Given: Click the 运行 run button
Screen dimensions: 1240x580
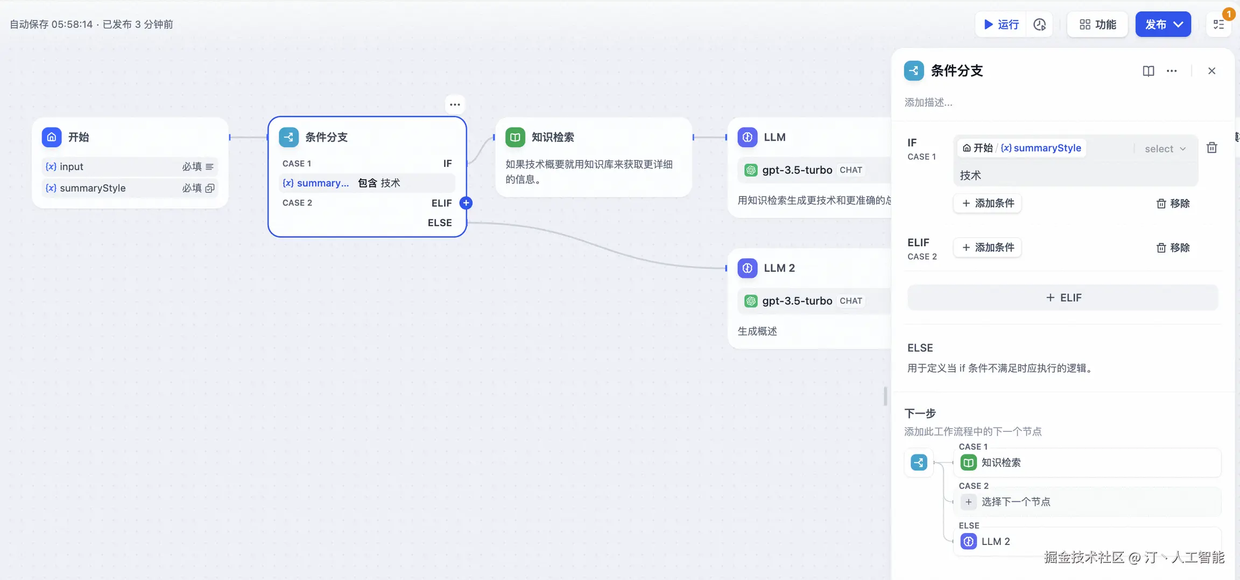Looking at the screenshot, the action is point(1001,24).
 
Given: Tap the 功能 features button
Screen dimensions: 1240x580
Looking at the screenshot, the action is point(1097,24).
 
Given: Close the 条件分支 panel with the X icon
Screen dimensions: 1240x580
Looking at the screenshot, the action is point(1211,71).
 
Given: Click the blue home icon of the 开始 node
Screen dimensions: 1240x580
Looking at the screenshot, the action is point(52,137).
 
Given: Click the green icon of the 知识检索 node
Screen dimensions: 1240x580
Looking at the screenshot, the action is point(515,137).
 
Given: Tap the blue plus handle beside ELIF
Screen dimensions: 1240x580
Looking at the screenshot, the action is point(466,203).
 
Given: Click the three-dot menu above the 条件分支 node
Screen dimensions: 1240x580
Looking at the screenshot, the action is point(455,104).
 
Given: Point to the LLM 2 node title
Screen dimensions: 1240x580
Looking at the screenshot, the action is point(779,268).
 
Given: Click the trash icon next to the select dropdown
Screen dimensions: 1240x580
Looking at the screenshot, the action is point(1211,148).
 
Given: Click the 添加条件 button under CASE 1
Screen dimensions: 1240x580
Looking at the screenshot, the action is point(988,204).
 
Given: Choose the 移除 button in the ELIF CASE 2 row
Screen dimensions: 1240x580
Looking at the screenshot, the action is point(1173,248).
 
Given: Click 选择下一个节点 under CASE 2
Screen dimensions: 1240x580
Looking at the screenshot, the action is point(1016,502).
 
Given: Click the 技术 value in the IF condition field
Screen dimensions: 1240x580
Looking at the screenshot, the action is point(971,176).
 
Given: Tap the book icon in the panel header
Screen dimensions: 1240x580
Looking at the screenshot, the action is point(1148,71).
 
